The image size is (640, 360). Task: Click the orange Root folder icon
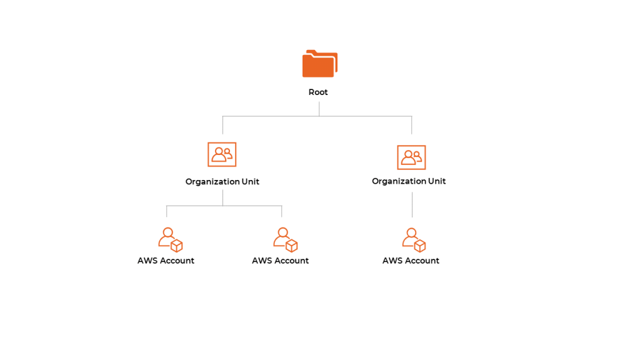(319, 64)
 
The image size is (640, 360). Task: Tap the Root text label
(318, 92)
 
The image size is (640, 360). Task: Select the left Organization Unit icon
(222, 154)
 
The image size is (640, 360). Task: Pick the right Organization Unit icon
(411, 157)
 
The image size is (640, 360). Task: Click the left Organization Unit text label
(222, 182)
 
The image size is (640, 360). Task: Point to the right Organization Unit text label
(409, 181)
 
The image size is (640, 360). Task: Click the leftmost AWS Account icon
(171, 239)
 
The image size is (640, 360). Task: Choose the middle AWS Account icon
(285, 239)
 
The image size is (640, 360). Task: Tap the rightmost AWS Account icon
(414, 240)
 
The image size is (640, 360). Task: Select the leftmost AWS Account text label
(166, 261)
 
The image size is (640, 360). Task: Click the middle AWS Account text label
(281, 261)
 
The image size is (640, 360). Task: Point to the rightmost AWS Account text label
(411, 261)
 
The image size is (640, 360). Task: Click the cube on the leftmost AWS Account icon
(177, 246)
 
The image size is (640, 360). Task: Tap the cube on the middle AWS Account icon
(292, 246)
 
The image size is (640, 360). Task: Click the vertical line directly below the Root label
(319, 109)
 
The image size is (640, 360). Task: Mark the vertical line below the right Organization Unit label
(412, 204)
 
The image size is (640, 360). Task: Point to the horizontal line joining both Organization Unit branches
(317, 116)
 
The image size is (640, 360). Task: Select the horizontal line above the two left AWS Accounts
(224, 206)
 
